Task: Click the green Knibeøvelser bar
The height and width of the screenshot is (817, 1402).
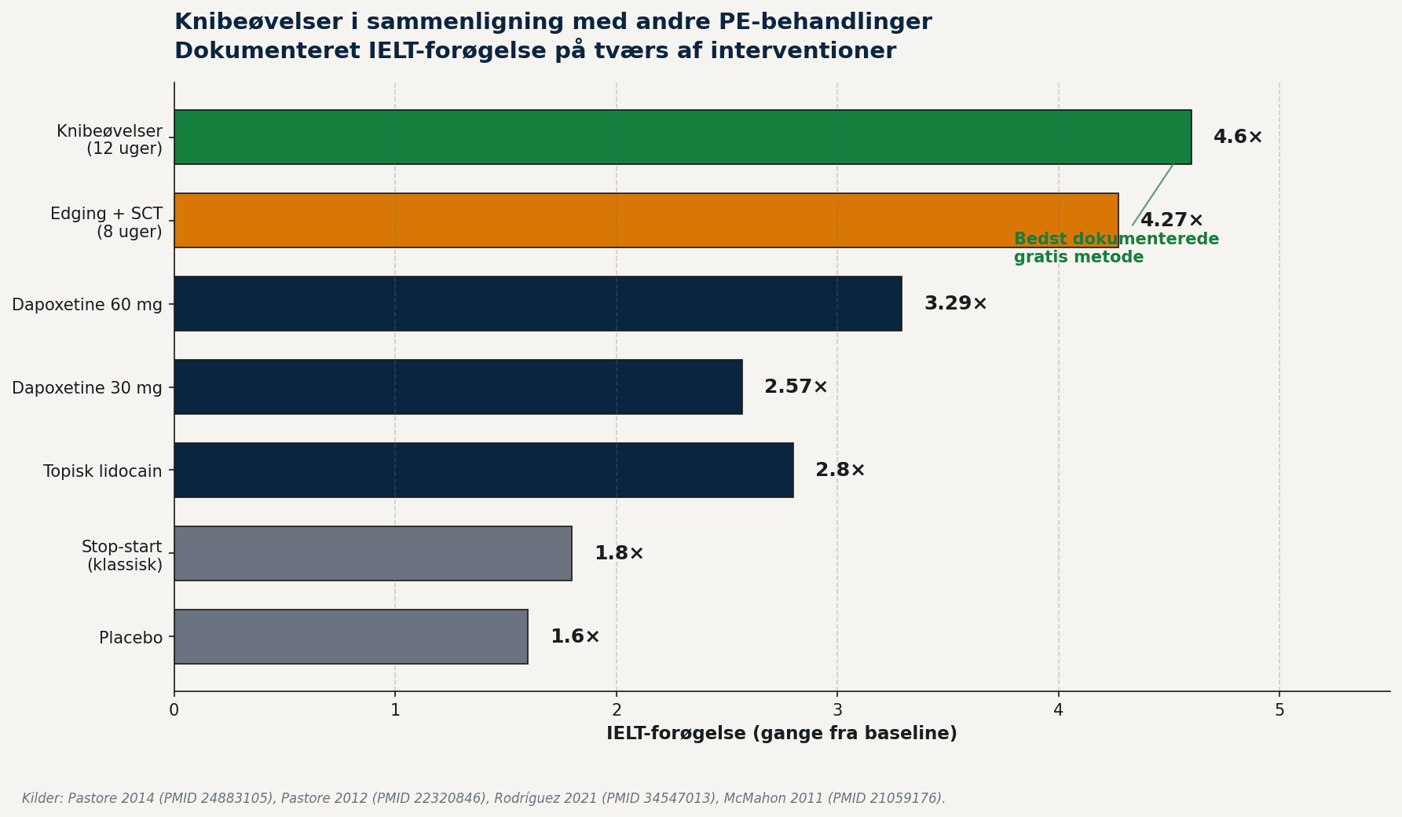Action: (683, 137)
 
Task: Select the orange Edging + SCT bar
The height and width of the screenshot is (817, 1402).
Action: (646, 221)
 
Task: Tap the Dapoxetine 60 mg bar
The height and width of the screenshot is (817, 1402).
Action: (538, 304)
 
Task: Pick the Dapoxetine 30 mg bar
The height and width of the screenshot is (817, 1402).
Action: (458, 387)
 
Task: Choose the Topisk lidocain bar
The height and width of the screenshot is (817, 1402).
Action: (484, 471)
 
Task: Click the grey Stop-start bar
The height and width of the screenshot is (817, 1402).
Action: (373, 554)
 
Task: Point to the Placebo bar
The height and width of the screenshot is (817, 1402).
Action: (351, 637)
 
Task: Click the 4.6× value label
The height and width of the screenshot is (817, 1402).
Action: (1238, 137)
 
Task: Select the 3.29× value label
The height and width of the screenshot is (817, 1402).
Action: (956, 304)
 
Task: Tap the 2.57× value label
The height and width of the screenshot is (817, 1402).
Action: (796, 387)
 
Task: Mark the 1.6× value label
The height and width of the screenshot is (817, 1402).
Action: (575, 637)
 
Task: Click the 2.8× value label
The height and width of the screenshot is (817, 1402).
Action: (840, 471)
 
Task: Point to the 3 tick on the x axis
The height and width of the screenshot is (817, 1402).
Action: (837, 710)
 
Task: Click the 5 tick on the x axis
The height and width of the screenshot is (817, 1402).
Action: (1279, 710)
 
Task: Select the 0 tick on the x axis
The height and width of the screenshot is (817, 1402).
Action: (174, 710)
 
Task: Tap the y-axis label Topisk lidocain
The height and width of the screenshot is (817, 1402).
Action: (103, 471)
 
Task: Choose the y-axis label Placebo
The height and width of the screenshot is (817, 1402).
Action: (131, 638)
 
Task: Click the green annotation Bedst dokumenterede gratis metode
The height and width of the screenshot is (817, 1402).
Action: (1116, 248)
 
